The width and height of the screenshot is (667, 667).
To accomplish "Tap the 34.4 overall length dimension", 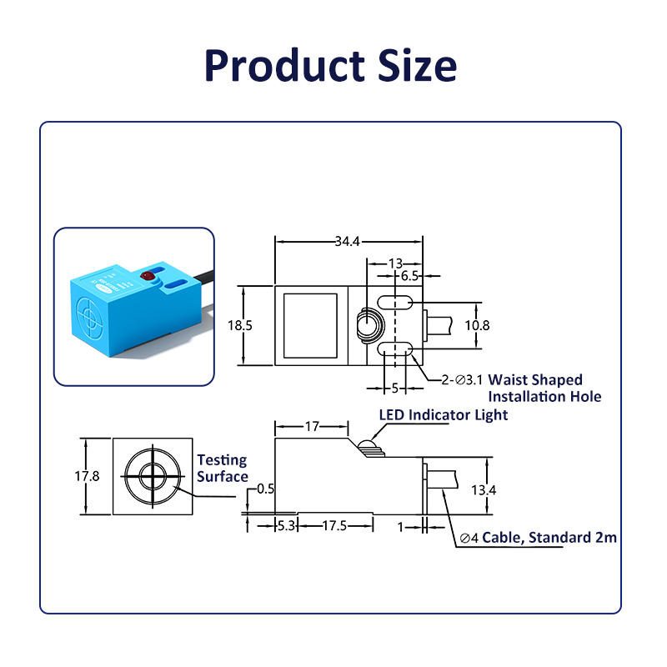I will coord(347,242).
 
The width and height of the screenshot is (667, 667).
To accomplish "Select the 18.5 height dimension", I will coord(239,325).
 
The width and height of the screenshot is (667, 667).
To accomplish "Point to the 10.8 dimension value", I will coord(477,325).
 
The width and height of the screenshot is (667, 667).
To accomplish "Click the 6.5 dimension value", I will coord(410,276).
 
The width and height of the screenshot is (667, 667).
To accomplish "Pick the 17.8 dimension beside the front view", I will coord(86,476).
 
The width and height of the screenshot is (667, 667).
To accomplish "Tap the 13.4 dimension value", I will coord(483,490).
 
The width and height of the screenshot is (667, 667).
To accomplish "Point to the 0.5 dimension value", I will coord(266,489).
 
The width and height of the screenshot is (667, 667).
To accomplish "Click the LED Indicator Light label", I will coord(443,414).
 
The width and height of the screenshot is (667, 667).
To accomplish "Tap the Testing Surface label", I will coord(223,468).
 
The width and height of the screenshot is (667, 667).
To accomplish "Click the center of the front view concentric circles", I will coord(153,476).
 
